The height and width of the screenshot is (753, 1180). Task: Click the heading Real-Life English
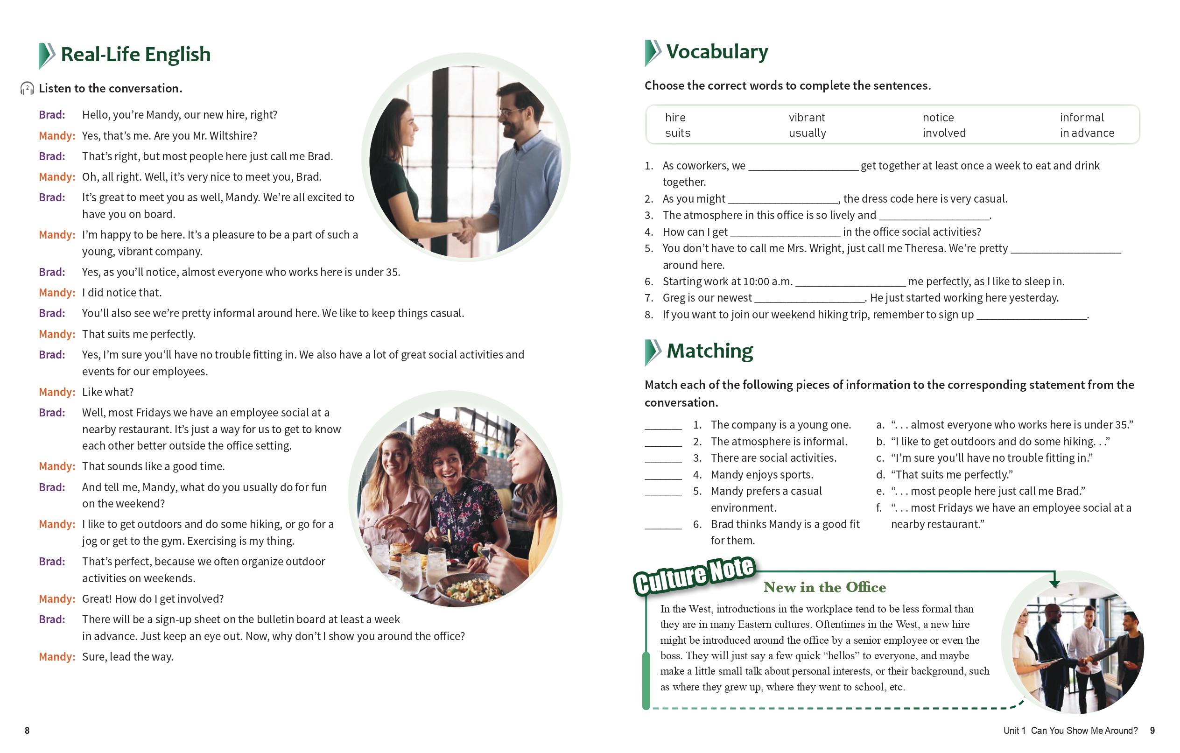click(x=135, y=55)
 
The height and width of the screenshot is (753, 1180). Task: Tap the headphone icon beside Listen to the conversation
click(x=27, y=88)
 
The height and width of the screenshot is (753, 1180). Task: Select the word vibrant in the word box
click(x=807, y=118)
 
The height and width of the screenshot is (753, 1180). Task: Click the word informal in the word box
click(x=1082, y=118)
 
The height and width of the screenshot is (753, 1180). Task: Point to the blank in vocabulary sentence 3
click(x=934, y=216)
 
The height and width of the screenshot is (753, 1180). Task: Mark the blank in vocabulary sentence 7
click(x=810, y=299)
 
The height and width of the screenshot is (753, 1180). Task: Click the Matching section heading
click(x=709, y=351)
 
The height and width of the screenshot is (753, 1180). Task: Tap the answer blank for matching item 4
click(x=663, y=476)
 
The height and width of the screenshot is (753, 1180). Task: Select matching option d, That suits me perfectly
click(x=951, y=475)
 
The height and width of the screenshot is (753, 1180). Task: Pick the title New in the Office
click(x=824, y=587)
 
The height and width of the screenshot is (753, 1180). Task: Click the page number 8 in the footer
click(x=27, y=731)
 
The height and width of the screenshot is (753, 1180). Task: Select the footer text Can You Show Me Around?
click(x=1084, y=731)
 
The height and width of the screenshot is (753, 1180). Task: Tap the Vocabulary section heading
click(x=716, y=52)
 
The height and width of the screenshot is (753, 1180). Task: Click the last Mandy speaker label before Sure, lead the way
click(x=57, y=657)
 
